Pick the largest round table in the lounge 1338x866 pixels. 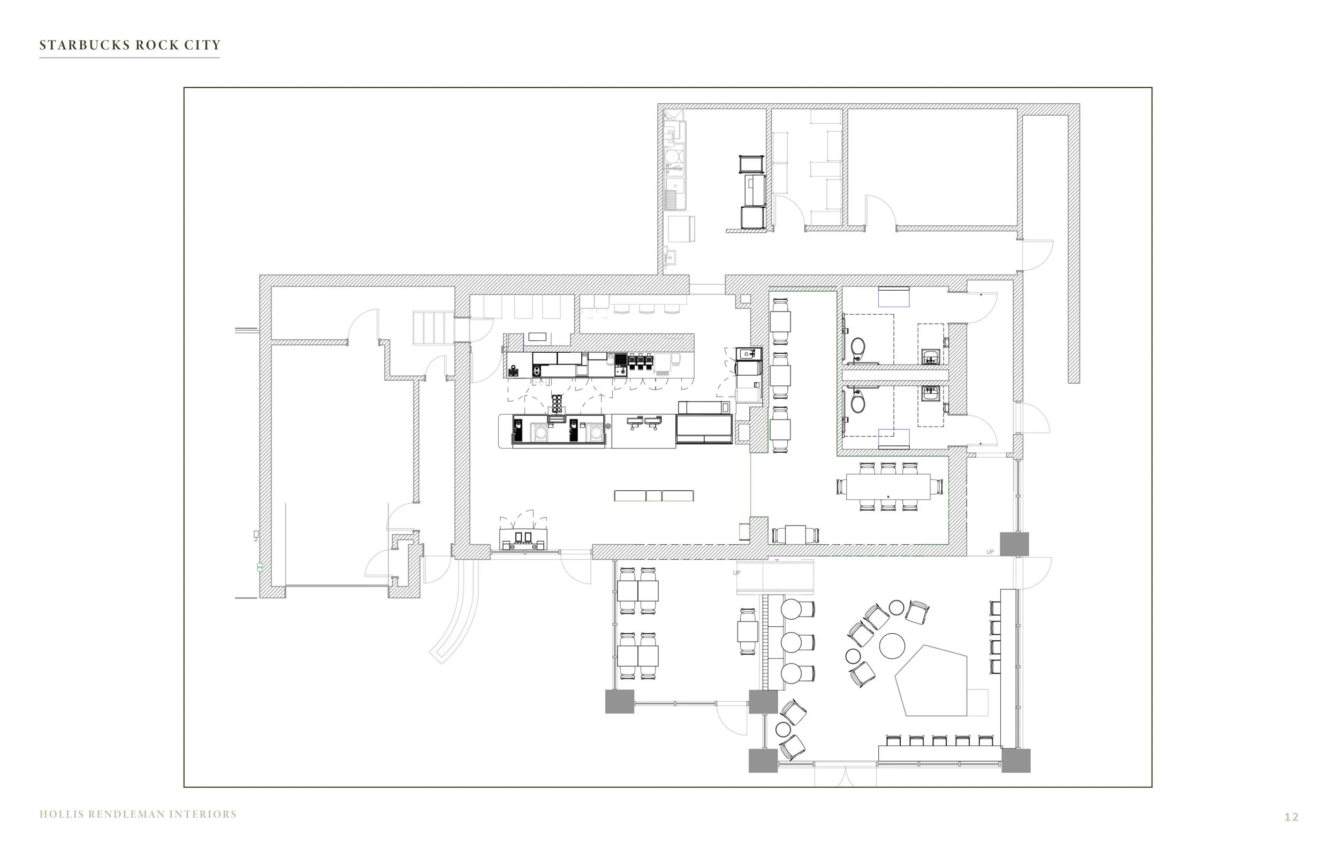[x=892, y=645]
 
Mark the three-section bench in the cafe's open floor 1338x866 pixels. [x=654, y=496]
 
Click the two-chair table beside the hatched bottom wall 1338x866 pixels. [x=795, y=534]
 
